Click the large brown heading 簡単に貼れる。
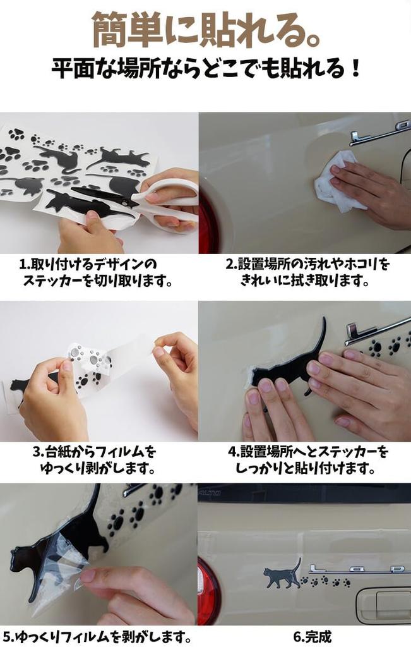click(x=206, y=30)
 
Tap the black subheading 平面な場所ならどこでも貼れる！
click(x=206, y=69)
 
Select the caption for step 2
click(x=307, y=272)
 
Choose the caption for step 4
click(x=307, y=460)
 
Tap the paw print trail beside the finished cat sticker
click(x=326, y=582)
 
